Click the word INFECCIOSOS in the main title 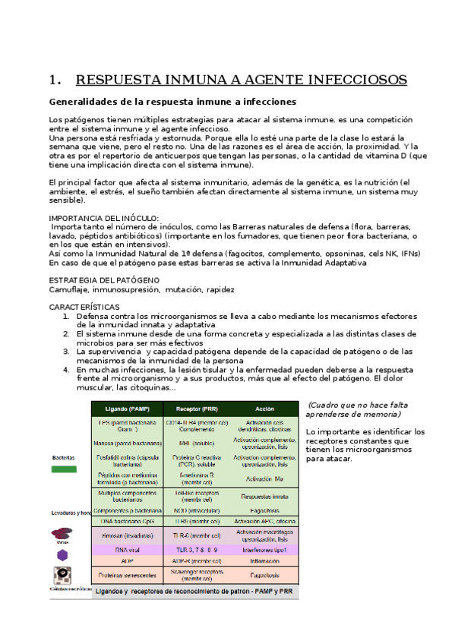357,80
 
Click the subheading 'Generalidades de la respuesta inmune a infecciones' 172,102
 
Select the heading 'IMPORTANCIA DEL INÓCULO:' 104,218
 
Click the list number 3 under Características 67,352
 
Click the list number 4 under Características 67,370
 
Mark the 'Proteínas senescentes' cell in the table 128,575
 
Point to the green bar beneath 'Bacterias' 64,469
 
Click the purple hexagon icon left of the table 62,555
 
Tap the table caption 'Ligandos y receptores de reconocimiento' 194,590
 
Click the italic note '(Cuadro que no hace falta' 354,406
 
